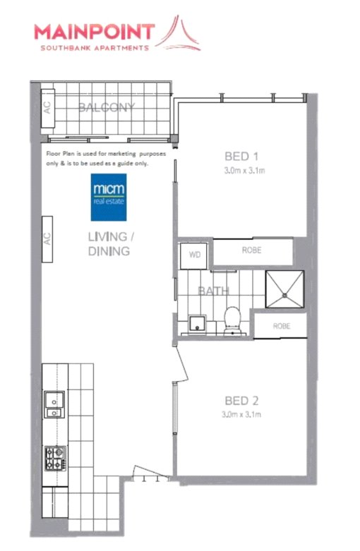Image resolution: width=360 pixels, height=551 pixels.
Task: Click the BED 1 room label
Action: pos(241,156)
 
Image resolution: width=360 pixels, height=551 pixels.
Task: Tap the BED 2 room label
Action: pos(241,401)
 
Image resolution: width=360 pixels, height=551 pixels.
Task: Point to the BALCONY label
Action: pos(106,107)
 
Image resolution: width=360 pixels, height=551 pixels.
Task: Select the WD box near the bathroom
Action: pos(193,255)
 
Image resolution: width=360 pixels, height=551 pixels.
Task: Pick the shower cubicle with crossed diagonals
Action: pos(284,289)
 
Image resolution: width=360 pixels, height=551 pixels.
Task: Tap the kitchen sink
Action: pos(54,404)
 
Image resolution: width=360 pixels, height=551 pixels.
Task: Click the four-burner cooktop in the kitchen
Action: pos(55,459)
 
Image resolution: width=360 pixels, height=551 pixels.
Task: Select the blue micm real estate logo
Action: pos(109,197)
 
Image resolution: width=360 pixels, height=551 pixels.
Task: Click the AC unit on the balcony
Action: pos(48,108)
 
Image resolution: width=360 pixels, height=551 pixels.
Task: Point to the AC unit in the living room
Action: pos(47,239)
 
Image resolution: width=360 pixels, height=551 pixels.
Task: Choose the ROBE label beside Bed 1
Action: pos(251,250)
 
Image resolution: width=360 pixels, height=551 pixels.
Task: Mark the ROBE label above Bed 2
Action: pos(282,326)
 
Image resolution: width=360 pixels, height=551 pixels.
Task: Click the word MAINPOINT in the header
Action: pos(95,32)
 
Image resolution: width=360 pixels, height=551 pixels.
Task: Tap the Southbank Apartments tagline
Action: pos(95,48)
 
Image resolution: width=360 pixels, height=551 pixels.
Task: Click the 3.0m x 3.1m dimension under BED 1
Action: pos(244,171)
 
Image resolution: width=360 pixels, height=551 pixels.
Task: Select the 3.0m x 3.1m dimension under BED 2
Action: pos(241,415)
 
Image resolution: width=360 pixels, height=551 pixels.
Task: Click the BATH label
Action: pos(213,291)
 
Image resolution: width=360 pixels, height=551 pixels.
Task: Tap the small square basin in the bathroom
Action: pos(198,323)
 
